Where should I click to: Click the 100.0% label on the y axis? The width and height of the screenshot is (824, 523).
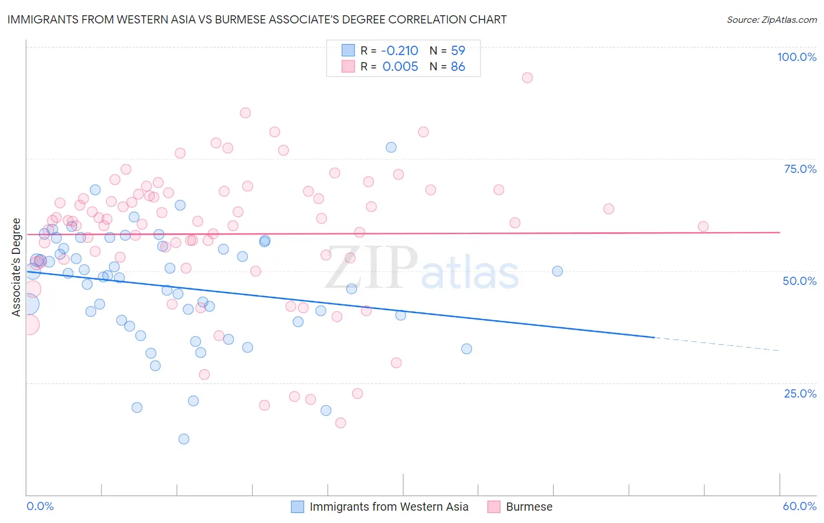point(796,57)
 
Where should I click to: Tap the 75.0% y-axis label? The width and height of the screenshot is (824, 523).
point(800,169)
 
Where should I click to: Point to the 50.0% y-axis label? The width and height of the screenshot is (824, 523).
point(799,281)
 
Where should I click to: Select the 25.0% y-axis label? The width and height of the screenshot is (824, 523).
point(800,393)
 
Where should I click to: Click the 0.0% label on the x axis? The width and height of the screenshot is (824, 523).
point(40,506)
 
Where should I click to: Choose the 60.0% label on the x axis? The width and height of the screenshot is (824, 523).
point(799,506)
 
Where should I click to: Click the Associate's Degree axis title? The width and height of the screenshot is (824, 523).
point(16,267)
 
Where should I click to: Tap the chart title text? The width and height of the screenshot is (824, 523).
point(257,19)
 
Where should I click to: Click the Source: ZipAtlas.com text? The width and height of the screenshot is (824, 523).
point(771,19)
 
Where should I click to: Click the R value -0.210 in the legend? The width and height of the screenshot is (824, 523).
point(400,50)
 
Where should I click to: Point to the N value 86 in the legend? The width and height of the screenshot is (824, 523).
point(458,67)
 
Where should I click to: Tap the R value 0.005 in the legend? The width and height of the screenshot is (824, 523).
point(400,67)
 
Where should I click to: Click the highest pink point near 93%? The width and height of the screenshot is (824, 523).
point(527,78)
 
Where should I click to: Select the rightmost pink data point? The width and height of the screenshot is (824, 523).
point(703,226)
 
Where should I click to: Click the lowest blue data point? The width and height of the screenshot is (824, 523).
point(184,439)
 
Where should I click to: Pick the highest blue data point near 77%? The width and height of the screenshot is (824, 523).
point(391,147)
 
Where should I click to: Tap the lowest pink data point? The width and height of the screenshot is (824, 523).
point(341,423)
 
